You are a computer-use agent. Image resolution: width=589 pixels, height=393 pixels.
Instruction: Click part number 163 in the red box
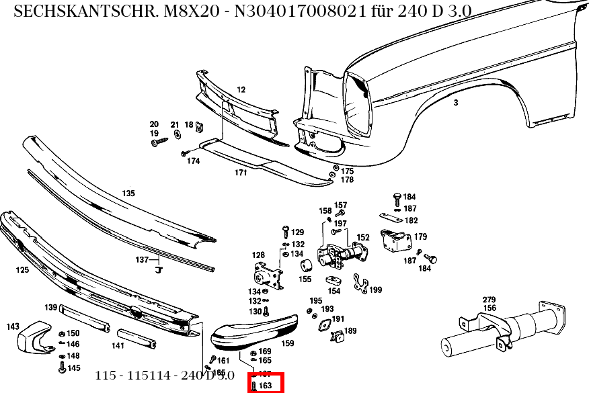(265, 386)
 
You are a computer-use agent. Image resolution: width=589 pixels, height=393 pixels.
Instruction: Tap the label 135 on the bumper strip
(128, 193)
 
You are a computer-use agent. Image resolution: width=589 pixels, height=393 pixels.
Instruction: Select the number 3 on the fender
(456, 103)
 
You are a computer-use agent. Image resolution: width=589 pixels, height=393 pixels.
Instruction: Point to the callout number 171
(241, 173)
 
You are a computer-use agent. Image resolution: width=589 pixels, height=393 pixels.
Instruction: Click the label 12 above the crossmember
(241, 89)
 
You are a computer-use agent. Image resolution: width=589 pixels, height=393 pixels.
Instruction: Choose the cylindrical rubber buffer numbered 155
(304, 265)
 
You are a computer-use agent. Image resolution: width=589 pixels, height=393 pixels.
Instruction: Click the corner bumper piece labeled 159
(256, 332)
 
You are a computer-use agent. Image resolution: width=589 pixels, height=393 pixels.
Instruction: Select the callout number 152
(363, 237)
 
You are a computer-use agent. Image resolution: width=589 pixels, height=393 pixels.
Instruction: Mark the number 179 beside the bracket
(420, 236)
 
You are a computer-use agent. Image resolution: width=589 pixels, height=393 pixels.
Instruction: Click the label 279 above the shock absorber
(489, 300)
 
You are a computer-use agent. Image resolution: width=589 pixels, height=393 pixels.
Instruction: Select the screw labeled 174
(184, 154)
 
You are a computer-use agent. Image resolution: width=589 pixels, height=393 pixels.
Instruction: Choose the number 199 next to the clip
(375, 290)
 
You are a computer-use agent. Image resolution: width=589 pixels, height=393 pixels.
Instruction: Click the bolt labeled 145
(63, 368)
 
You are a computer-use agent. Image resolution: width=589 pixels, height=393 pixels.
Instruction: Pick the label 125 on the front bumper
(22, 270)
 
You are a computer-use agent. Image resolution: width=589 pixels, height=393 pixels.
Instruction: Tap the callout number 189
(350, 331)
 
